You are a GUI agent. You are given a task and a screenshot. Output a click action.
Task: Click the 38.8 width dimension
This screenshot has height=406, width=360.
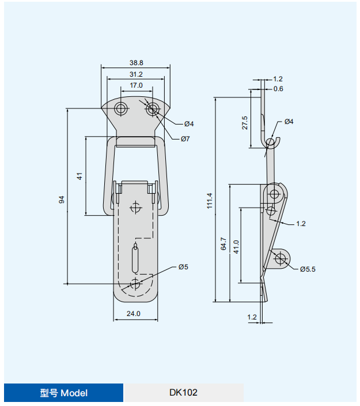pyautogui.click(x=137, y=63)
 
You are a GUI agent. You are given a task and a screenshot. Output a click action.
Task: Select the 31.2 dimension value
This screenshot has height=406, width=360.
pyautogui.click(x=136, y=74)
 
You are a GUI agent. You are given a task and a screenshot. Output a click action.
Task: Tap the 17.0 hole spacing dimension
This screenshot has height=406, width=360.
pyautogui.click(x=136, y=85)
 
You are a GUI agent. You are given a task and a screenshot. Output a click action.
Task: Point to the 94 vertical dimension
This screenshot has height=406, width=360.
pyautogui.click(x=62, y=200)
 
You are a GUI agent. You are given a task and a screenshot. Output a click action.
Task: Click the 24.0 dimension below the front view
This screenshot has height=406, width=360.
pyautogui.click(x=134, y=314)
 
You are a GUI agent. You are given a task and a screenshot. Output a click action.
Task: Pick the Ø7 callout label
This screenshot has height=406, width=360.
pyautogui.click(x=185, y=139)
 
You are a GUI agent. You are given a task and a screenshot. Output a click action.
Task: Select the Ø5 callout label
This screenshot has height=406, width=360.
pyautogui.click(x=183, y=267)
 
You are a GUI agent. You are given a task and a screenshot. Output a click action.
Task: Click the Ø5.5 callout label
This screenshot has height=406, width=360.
pyautogui.click(x=308, y=269)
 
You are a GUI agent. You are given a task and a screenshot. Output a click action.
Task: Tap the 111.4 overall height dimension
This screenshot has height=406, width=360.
pyautogui.click(x=210, y=201)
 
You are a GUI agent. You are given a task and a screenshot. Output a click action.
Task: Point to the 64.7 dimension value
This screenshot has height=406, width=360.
pyautogui.click(x=223, y=243)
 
